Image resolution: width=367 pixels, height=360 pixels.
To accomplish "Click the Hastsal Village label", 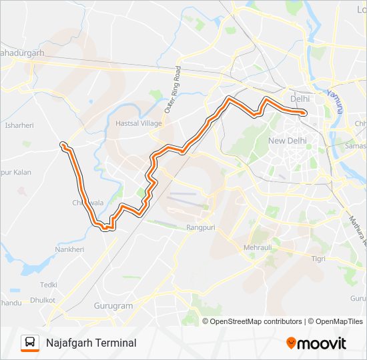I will (x=139, y=123).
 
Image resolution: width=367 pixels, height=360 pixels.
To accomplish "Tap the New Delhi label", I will (x=286, y=141).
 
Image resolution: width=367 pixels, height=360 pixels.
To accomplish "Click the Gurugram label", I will (x=113, y=306).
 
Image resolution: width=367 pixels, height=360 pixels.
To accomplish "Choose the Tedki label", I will (x=48, y=284).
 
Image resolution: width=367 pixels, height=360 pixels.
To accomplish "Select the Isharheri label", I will (x=19, y=125).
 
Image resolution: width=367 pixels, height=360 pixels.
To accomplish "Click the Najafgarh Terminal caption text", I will (x=91, y=343).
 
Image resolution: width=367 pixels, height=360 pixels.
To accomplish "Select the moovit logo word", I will (x=322, y=343).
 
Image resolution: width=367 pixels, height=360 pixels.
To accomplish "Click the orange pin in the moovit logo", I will (x=291, y=343).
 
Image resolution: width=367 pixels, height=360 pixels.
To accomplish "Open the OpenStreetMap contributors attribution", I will (x=256, y=321).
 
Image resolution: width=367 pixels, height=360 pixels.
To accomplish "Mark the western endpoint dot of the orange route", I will (x=62, y=144).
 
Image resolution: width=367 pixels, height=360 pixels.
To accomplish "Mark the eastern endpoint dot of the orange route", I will (x=304, y=113).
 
